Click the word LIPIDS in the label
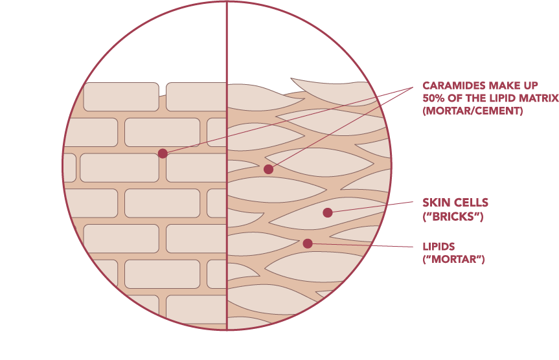(439, 247)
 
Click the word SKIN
(436, 203)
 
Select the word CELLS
(470, 203)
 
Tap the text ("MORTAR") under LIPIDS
(453, 260)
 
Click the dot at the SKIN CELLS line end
(328, 212)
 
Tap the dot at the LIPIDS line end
(308, 243)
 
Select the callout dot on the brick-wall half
(163, 153)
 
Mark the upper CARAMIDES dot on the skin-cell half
(268, 169)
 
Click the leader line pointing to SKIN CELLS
(372, 207)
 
